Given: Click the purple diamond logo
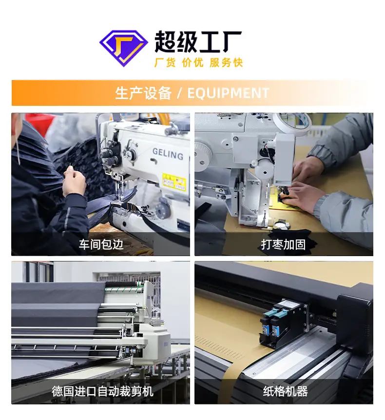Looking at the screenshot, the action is (124, 48).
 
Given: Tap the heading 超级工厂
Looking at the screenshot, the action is (198, 41).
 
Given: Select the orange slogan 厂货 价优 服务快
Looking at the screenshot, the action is (198, 62).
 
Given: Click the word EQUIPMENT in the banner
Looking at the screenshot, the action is (228, 93).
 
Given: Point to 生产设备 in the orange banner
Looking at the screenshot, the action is (143, 93).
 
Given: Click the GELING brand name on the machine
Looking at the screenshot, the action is (168, 154).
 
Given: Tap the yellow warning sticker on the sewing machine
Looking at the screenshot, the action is (174, 182).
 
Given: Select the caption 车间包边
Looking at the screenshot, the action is (101, 244).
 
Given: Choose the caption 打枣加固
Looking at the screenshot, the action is (283, 244).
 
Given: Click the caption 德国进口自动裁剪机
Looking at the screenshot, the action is (102, 391).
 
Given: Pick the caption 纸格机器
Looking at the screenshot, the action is (285, 391).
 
